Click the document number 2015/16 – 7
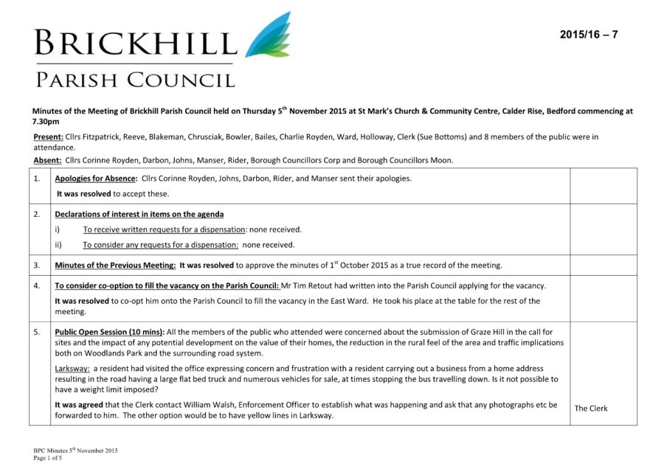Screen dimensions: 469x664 pos(588,35)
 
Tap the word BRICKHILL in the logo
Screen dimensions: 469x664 pos(135,44)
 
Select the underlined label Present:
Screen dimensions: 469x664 pos(48,136)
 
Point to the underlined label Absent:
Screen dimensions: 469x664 pos(47,160)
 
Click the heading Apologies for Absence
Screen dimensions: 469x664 pos(96,178)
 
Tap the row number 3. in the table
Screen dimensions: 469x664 pos(37,265)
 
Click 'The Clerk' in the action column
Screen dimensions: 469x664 pos(591,408)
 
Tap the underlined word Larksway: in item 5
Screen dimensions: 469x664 pos(72,368)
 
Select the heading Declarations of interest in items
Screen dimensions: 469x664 pos(139,214)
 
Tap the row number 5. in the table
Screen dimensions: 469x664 pos(37,332)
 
